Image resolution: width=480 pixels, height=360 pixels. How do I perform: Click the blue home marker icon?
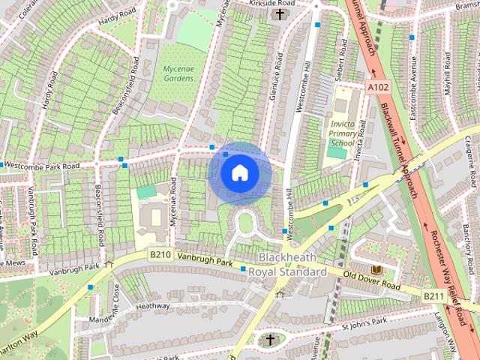[x=239, y=173]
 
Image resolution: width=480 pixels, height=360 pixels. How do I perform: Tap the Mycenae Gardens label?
[x=178, y=73]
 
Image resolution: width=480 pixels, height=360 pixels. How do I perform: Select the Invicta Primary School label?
[x=341, y=133]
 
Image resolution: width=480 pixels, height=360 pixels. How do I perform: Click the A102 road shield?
[x=377, y=88]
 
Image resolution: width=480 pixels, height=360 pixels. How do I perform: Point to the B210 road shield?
[x=160, y=255]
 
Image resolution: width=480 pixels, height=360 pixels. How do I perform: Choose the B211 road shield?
[x=433, y=297]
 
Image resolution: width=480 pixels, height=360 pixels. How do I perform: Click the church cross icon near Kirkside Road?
[x=280, y=14]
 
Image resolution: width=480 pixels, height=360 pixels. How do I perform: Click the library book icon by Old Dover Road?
[x=377, y=268]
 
